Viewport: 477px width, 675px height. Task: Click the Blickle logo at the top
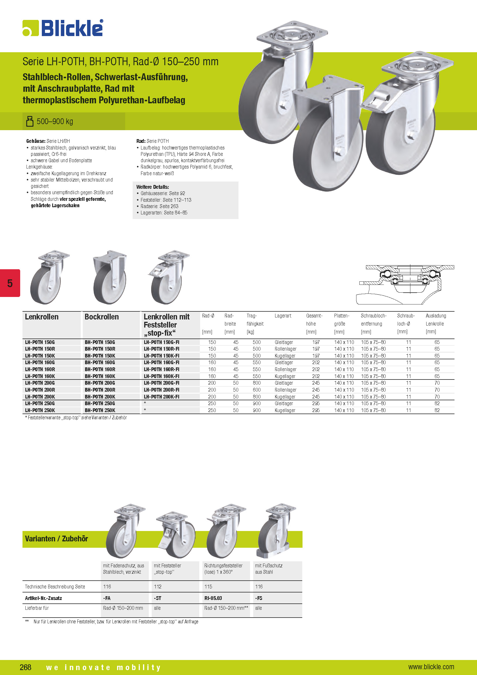(63, 28)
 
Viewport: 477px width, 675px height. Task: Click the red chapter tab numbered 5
(10, 283)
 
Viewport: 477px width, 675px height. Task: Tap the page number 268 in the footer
(26, 667)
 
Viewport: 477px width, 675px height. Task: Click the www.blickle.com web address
(431, 667)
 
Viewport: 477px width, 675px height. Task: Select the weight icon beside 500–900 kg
(30, 121)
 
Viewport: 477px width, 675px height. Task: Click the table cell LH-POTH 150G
(40, 342)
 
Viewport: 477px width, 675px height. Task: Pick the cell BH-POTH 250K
(100, 410)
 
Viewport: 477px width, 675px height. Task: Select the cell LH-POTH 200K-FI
(161, 397)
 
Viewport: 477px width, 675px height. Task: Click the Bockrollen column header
(102, 317)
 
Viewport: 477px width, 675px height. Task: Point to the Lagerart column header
(283, 316)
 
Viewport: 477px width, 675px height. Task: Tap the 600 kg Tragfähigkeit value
(256, 390)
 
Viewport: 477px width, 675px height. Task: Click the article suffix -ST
(157, 598)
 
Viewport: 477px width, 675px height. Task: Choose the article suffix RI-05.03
(213, 598)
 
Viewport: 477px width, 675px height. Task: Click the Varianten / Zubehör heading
(57, 538)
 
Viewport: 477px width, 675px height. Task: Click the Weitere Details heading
(153, 187)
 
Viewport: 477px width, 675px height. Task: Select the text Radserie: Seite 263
(159, 206)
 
